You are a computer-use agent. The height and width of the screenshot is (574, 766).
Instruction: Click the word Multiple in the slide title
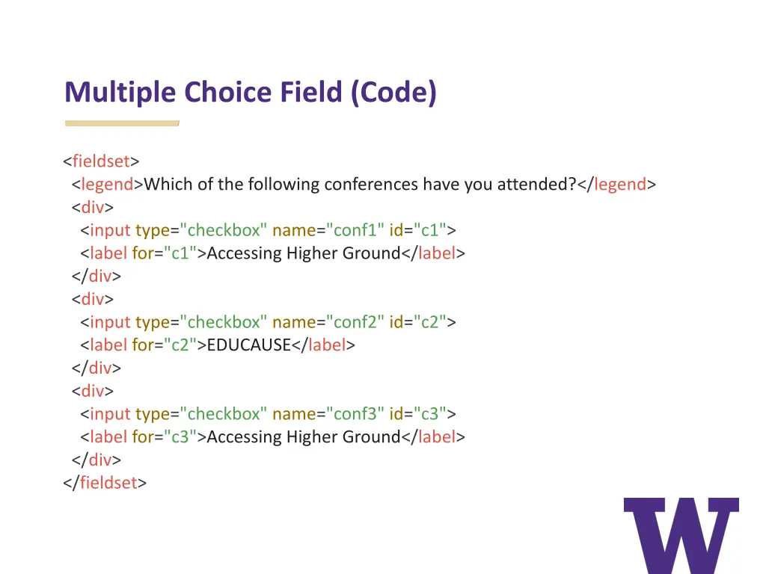[x=121, y=93]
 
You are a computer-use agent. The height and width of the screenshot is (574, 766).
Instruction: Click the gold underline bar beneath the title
[x=122, y=123]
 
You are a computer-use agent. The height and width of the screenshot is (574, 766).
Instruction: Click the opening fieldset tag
[x=101, y=161]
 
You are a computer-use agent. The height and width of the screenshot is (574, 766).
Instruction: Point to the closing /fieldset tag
[x=105, y=483]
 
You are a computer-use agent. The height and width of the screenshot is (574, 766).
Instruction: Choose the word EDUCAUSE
[x=248, y=345]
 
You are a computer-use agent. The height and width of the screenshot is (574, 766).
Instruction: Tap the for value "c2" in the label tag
[x=180, y=345]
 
